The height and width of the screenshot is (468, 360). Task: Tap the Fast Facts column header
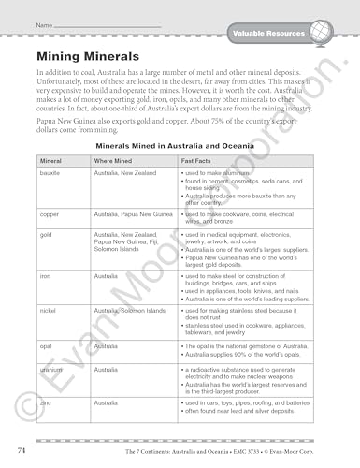(x=195, y=162)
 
